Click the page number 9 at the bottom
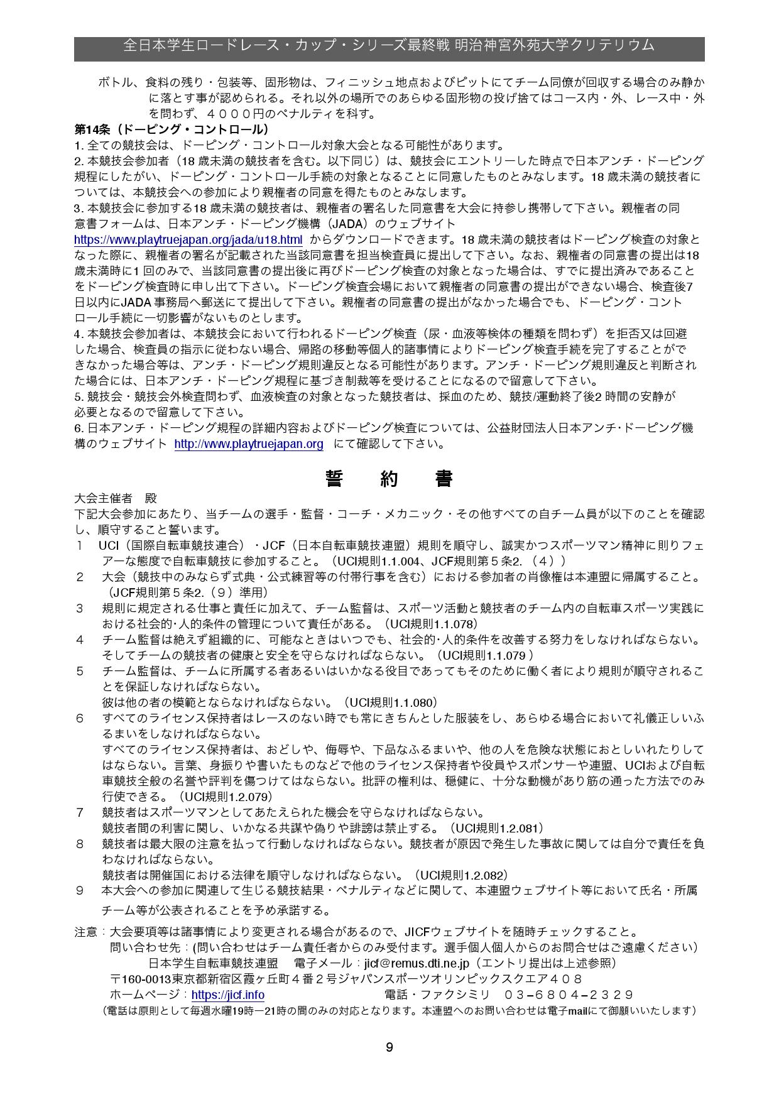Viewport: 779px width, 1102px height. point(389,1047)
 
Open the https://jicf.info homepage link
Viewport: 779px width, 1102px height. point(227,995)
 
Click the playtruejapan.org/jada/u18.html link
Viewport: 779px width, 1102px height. point(188,239)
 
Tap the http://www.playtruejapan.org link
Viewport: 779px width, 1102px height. point(249,444)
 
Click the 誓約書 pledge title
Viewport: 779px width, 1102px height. point(389,479)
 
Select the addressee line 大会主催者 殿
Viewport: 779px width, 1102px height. point(116,498)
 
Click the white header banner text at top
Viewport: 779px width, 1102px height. point(389,45)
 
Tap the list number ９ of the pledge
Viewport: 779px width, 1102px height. point(80,890)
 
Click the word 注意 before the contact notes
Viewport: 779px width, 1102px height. point(86,932)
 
